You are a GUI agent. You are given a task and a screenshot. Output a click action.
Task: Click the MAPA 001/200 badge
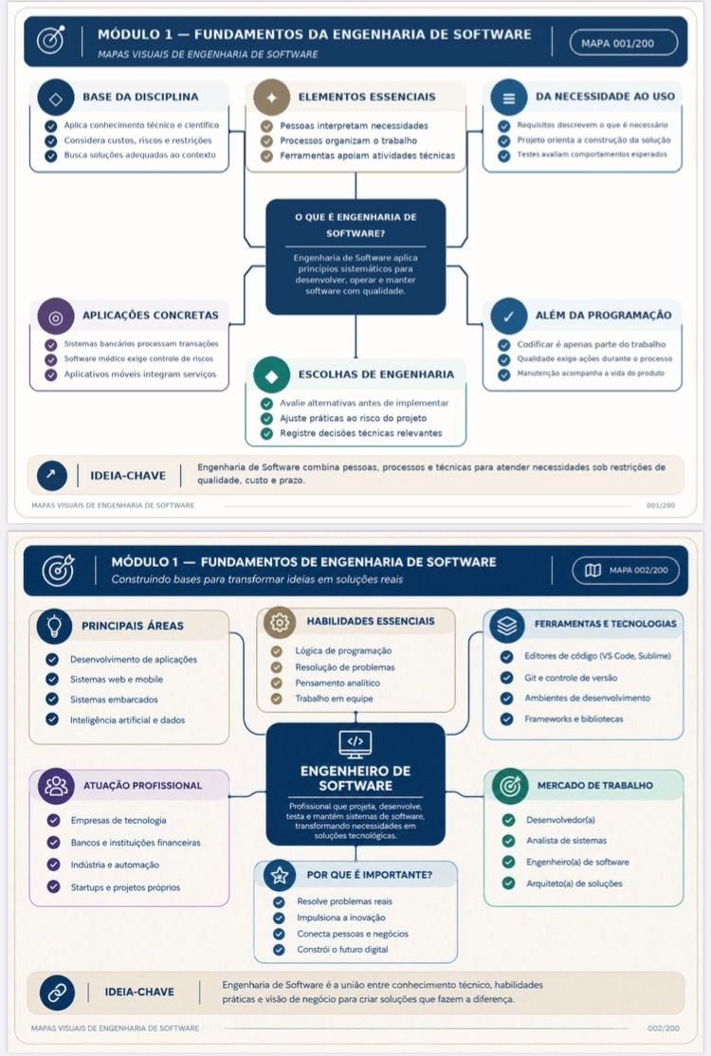[624, 43]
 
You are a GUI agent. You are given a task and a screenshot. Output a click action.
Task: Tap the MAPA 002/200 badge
[626, 570]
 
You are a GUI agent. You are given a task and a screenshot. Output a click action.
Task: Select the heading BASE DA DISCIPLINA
[140, 97]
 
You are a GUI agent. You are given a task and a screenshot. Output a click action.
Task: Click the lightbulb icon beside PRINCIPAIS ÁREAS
[55, 625]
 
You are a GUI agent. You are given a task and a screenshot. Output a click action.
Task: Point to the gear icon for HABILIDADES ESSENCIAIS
[280, 622]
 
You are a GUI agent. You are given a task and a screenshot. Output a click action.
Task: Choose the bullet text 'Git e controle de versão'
[571, 678]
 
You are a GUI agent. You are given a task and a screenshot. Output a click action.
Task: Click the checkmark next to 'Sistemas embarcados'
[52, 699]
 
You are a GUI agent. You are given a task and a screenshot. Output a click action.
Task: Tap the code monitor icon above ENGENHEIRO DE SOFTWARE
[355, 743]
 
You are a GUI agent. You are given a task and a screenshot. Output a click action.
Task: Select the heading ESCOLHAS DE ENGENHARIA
[376, 374]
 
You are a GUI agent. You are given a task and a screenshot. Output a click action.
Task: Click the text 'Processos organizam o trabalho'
[349, 140]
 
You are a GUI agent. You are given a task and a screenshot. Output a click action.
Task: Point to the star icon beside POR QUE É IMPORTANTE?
[280, 876]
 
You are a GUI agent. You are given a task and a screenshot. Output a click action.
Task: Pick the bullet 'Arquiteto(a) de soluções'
[574, 883]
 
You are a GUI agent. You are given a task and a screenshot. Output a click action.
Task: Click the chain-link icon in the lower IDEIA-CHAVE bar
[57, 992]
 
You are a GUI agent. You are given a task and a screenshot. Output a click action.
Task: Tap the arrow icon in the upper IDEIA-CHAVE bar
[52, 476]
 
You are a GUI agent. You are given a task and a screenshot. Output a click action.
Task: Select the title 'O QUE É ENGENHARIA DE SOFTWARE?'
[355, 225]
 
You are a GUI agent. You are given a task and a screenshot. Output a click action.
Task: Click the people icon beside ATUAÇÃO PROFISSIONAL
[56, 786]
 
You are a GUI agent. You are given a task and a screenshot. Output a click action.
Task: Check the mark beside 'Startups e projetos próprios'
[54, 887]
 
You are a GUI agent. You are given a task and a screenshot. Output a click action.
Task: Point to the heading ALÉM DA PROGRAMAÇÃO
[603, 315]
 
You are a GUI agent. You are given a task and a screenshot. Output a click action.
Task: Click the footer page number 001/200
[661, 505]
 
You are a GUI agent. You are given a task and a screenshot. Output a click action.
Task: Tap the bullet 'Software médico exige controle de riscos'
[138, 359]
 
